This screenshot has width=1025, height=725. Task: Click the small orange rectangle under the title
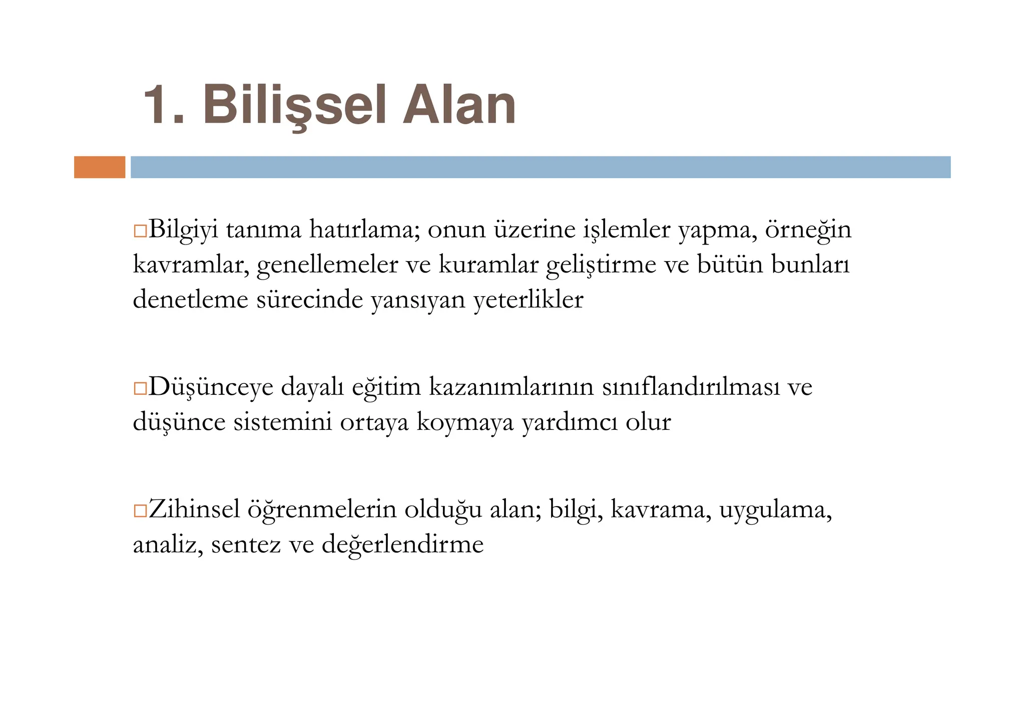pyautogui.click(x=100, y=167)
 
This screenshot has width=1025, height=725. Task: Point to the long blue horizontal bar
pyautogui.click(x=540, y=167)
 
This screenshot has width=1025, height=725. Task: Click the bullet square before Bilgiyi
pyautogui.click(x=140, y=231)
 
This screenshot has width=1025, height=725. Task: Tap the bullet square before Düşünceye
pyautogui.click(x=140, y=388)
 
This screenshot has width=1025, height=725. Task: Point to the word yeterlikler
pyautogui.click(x=528, y=300)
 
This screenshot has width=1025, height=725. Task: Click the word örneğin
pyautogui.click(x=808, y=230)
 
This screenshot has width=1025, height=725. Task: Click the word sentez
pyautogui.click(x=246, y=545)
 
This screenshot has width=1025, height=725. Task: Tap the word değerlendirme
pyautogui.click(x=402, y=544)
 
